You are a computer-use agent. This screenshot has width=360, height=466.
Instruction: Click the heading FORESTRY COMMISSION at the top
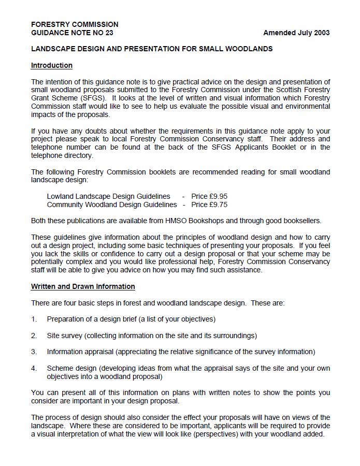pyautogui.click(x=75, y=24)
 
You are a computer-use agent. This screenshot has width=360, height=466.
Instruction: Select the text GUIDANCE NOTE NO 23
pyautogui.click(x=72, y=33)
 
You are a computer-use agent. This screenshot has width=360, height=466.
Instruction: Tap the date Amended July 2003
pyautogui.click(x=296, y=33)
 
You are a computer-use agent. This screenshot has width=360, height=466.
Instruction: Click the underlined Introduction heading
pyautogui.click(x=52, y=65)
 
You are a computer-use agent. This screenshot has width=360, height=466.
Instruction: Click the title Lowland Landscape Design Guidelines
pyautogui.click(x=108, y=196)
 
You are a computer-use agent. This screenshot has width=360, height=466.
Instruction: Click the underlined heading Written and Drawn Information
pyautogui.click(x=83, y=286)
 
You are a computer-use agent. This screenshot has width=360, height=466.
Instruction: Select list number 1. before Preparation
pyautogui.click(x=34, y=319)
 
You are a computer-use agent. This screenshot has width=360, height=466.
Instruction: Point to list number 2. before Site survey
pyautogui.click(x=34, y=336)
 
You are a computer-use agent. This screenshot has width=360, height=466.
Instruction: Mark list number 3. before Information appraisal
pyautogui.click(x=34, y=352)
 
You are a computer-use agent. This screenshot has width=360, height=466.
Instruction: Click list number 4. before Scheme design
pyautogui.click(x=34, y=368)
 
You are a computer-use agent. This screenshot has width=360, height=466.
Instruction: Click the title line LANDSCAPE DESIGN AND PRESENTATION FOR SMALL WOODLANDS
pyautogui.click(x=152, y=49)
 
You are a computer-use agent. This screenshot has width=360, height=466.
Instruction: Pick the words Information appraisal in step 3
pyautogui.click(x=80, y=352)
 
